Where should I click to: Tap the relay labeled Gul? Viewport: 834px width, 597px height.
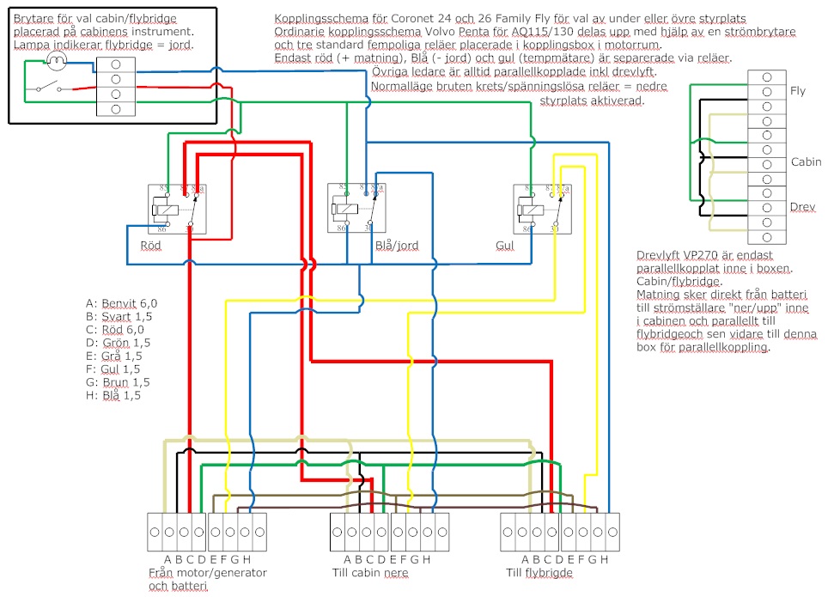click(539, 208)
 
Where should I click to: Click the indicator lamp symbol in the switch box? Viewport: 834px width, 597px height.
click(57, 60)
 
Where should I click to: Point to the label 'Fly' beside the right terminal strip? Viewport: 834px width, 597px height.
click(797, 91)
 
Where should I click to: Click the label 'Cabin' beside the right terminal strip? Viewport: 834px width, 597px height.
click(806, 161)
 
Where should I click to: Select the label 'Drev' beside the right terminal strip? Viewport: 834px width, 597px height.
click(802, 208)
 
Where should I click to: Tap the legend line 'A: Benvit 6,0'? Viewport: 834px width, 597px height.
click(121, 303)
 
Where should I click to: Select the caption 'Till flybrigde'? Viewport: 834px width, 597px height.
click(540, 572)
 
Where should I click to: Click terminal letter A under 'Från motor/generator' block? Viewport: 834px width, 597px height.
click(168, 560)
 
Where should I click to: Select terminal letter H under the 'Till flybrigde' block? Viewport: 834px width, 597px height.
click(605, 560)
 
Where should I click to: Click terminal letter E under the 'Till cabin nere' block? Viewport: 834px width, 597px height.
click(393, 560)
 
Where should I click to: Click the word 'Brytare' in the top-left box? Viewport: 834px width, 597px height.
click(34, 18)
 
